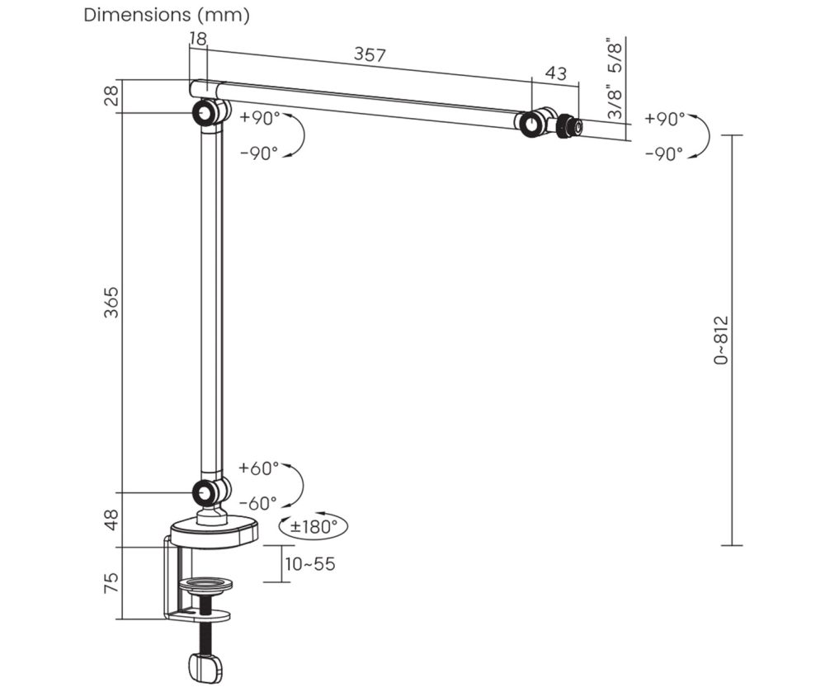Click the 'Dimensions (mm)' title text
click(167, 16)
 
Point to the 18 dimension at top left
click(197, 37)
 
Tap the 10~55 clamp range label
click(309, 564)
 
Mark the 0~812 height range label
click(723, 340)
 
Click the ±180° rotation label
click(313, 526)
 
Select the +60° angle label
click(258, 468)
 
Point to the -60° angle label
click(258, 503)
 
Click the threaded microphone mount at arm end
click(567, 126)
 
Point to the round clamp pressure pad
click(205, 585)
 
